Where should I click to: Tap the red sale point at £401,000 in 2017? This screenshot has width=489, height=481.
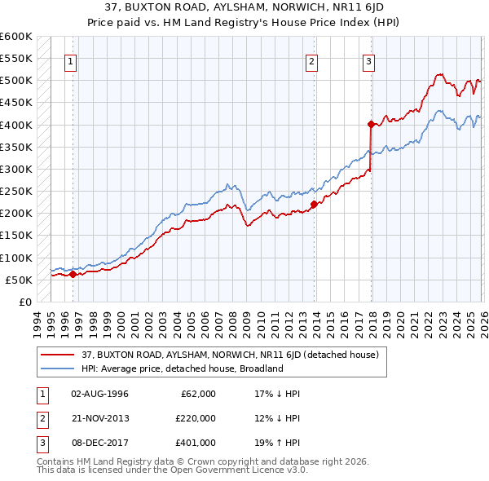[x=371, y=125]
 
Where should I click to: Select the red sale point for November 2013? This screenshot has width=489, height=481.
[x=314, y=205]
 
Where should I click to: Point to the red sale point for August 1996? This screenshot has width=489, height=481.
[x=73, y=274]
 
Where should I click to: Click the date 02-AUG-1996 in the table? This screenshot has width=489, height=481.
[x=99, y=394]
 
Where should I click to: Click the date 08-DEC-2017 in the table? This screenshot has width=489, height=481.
[x=99, y=443]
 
